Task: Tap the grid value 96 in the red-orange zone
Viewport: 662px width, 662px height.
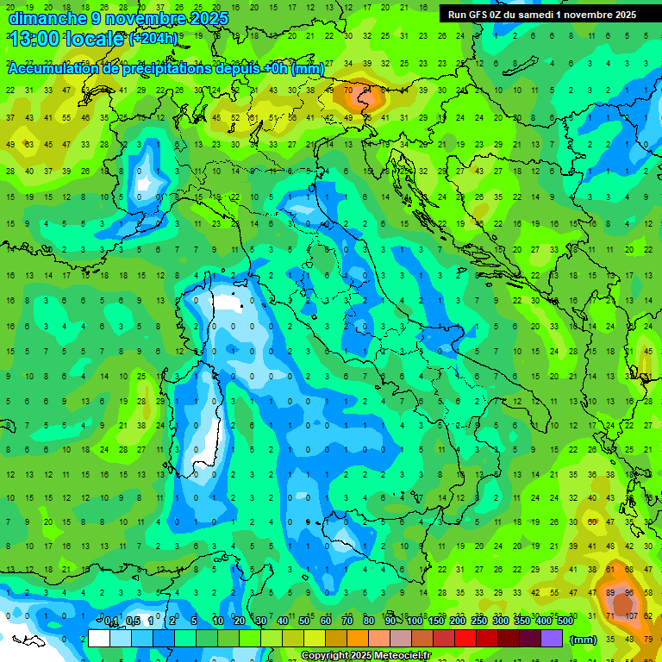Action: (630, 593)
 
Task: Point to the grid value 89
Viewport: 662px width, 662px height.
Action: (611, 593)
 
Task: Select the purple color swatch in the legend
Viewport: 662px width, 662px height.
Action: (553, 639)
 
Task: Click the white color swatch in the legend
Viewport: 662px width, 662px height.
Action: (99, 639)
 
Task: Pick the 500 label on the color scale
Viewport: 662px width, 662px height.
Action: (565, 621)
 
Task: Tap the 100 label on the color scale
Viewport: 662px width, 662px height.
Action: (415, 621)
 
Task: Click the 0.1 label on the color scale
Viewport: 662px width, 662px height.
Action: (111, 621)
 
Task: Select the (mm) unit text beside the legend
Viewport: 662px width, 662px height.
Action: (583, 640)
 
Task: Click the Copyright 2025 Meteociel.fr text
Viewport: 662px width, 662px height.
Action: (366, 656)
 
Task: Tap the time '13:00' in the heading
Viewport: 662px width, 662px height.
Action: (34, 39)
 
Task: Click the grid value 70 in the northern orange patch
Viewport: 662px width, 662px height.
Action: (348, 90)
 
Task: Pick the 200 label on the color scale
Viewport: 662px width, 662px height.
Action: (458, 621)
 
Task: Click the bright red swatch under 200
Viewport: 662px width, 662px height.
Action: (465, 639)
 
